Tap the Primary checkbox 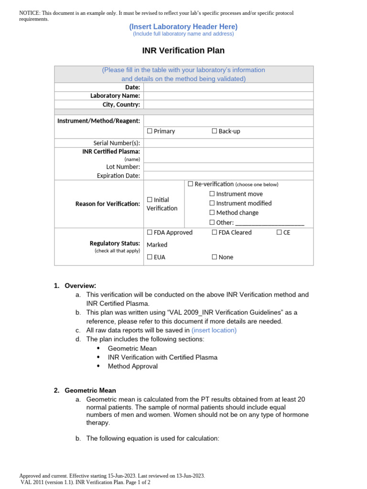[150, 131]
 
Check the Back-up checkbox [215, 131]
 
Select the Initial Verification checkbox [150, 200]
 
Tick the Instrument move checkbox [212, 194]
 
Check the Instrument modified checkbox [212, 203]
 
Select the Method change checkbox [212, 213]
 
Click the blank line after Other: [270, 223]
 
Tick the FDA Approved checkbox [150, 233]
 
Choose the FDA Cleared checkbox [215, 233]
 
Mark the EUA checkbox [150, 257]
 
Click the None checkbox [215, 257]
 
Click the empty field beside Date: [228, 87]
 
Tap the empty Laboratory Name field [228, 96]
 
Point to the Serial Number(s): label [117, 143]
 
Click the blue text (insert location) [214, 330]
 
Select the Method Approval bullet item [132, 366]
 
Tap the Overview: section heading [80, 286]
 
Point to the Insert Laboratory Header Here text [183, 27]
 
